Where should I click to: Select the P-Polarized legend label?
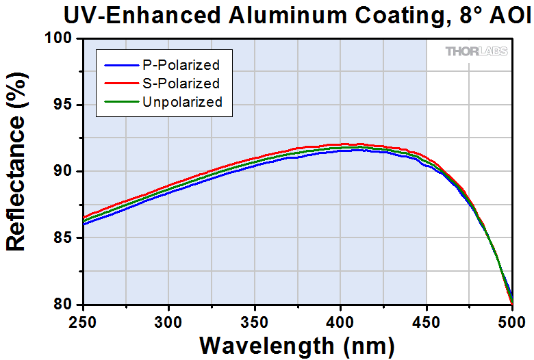pos(181,66)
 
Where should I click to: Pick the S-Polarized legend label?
pos(181,84)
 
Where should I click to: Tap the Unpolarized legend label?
pos(183,102)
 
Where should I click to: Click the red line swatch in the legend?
pos(120,84)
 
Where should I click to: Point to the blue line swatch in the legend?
pos(120,66)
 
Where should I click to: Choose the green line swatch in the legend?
pos(120,103)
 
